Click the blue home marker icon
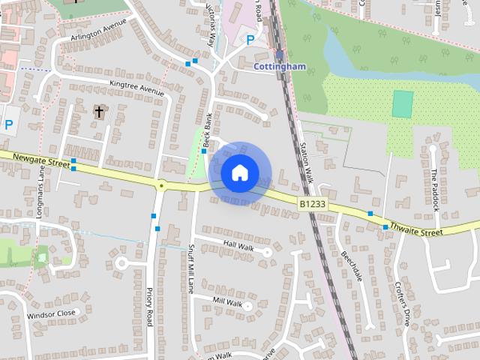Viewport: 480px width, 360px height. pos(239,172)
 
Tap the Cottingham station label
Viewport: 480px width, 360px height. pos(280,66)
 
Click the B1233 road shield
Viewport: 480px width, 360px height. pos(312,203)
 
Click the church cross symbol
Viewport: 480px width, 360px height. pos(98,112)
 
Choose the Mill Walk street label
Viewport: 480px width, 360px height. pos(227,302)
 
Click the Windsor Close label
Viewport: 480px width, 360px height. pos(52,313)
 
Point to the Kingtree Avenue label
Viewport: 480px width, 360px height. pos(136,88)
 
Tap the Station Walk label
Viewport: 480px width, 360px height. pos(305,163)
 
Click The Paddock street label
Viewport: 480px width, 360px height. pos(434,188)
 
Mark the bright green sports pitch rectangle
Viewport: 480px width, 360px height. pos(403,103)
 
